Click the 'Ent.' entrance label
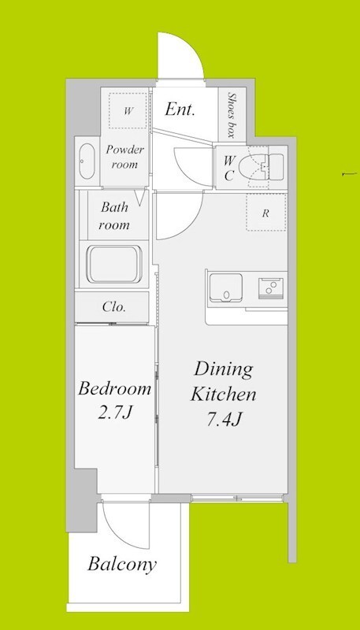tap(180, 109)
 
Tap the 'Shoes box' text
tap(232, 115)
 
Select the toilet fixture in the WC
tap(262, 167)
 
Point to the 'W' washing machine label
tap(128, 111)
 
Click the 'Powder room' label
tap(124, 157)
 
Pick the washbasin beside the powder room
tap(87, 161)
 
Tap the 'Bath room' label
tap(114, 216)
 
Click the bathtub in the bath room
tap(114, 265)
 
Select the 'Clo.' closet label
tap(114, 307)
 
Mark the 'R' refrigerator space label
tap(265, 213)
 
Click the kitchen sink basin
tap(226, 287)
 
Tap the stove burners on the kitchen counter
tap(271, 287)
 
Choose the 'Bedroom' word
tap(114, 388)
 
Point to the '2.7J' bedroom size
tap(114, 413)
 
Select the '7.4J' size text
tap(224, 420)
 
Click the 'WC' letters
tap(228, 168)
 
